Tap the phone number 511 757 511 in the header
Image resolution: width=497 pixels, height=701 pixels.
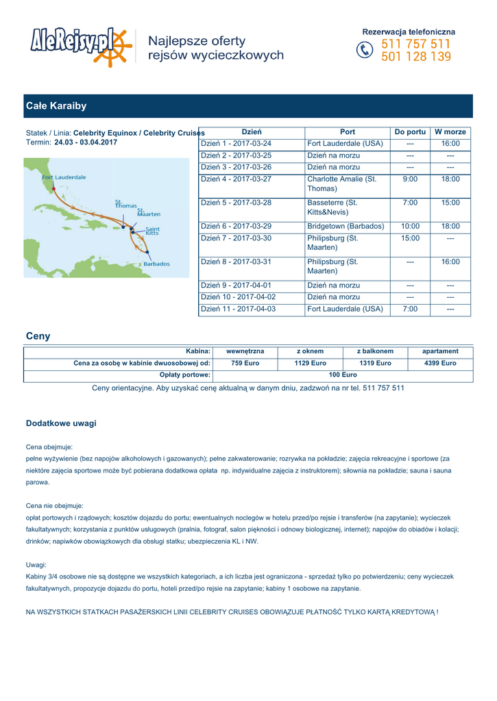(416, 44)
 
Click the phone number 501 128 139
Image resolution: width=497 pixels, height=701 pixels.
(416, 58)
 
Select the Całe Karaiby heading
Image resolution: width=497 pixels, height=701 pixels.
(56, 106)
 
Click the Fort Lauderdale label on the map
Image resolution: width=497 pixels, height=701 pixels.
(64, 177)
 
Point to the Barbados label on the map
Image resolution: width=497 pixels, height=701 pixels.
(156, 264)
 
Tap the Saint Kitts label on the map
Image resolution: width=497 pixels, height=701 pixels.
(153, 231)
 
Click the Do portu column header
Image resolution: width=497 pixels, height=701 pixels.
(410, 131)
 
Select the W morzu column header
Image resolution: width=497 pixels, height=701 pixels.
(450, 131)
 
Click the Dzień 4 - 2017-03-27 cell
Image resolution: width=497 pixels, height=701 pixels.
(236, 179)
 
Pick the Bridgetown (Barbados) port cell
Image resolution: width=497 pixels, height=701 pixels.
(346, 226)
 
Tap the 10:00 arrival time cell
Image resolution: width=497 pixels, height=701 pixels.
(410, 226)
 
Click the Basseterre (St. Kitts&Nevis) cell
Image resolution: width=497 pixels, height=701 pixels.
(332, 208)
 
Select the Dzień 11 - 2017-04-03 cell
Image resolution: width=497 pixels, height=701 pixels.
(238, 309)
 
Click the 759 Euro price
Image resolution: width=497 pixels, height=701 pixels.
(245, 364)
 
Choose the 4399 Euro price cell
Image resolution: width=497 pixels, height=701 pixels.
(440, 364)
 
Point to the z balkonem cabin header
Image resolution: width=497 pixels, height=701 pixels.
(375, 351)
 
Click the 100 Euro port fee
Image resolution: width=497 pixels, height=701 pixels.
(343, 375)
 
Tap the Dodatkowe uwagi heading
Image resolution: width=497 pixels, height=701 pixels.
(61, 424)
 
